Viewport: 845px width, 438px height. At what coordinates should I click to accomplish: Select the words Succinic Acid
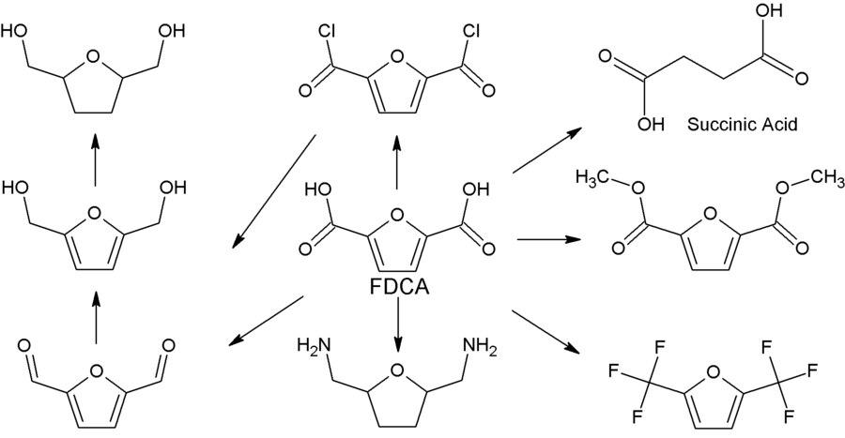coord(742,123)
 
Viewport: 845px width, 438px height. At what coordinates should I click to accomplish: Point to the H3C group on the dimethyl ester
coord(591,177)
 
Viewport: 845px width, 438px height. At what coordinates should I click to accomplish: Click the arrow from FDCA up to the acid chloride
coord(396,159)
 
